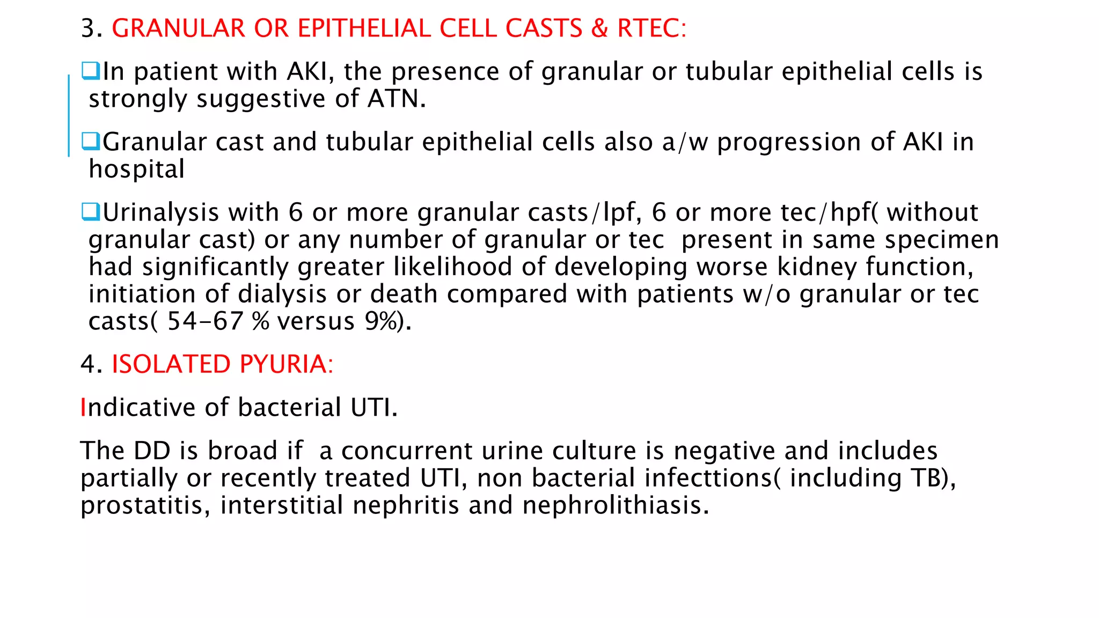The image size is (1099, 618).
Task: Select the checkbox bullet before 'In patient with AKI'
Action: (91, 71)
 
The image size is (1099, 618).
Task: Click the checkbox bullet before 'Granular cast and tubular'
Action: (91, 141)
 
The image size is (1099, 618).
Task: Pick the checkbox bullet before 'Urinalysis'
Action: (91, 211)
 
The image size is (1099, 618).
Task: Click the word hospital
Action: (137, 170)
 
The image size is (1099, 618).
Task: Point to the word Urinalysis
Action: (160, 213)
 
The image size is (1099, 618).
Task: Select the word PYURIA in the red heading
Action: (283, 364)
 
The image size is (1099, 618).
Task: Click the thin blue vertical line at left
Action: (69, 115)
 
